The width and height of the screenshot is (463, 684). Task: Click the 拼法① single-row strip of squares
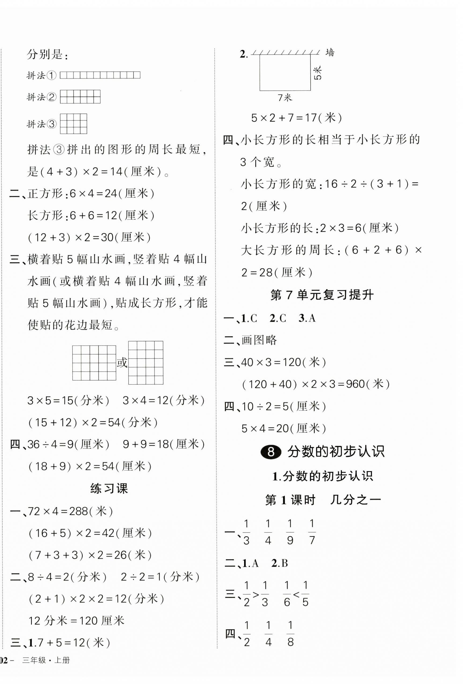100,75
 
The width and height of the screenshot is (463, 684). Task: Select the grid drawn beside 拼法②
80,97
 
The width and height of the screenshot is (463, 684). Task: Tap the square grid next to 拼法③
74,124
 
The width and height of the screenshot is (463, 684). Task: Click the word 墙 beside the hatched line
330,53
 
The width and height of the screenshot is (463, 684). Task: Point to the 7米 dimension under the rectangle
284,98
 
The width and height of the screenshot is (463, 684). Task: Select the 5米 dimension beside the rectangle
318,73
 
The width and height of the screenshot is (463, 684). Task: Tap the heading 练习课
109,489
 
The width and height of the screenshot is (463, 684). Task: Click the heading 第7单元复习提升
322,295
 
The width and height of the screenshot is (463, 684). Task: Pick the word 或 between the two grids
122,363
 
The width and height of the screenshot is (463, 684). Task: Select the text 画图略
259,340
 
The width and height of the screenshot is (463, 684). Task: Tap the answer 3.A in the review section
307,318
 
